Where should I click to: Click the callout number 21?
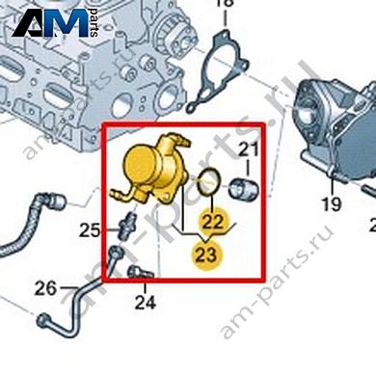[x=250, y=148]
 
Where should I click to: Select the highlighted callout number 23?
[x=206, y=255]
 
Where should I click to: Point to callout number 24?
[x=145, y=303]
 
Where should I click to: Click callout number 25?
[x=90, y=230]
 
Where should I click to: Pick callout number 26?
[x=45, y=287]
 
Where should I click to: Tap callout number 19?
[x=332, y=203]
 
